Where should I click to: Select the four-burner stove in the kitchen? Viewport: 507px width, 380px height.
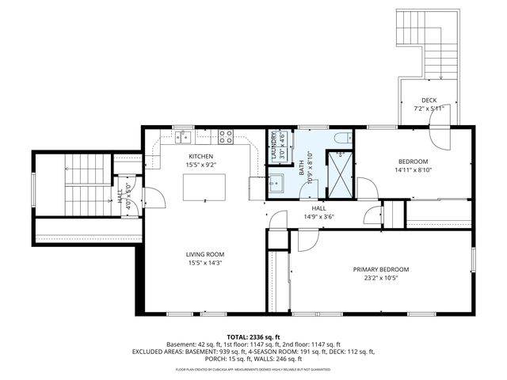pyautogui.click(x=226, y=135)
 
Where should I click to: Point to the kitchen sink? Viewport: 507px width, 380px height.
pyautogui.click(x=182, y=135)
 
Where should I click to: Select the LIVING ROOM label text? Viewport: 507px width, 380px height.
pyautogui.click(x=204, y=254)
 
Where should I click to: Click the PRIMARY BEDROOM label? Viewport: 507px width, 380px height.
pyautogui.click(x=380, y=269)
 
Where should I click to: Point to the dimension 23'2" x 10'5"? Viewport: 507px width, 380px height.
pyautogui.click(x=380, y=278)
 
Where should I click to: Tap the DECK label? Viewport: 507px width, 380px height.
pyautogui.click(x=429, y=100)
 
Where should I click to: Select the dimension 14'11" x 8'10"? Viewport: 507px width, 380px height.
pyautogui.click(x=412, y=169)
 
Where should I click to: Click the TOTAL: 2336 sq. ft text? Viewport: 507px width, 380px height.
pyautogui.click(x=253, y=336)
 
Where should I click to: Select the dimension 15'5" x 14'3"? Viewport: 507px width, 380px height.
pyautogui.click(x=204, y=263)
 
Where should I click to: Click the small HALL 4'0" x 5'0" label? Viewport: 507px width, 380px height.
pyautogui.click(x=124, y=196)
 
